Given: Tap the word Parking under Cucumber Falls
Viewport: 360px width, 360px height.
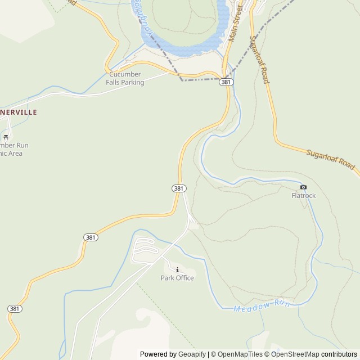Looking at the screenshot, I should pos(133,82).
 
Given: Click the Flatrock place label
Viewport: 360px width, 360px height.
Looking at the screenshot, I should pos(304,196).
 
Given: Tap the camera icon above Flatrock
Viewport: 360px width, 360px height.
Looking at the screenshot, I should pos(304,187).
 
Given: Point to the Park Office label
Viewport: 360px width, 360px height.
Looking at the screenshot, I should pos(177,278).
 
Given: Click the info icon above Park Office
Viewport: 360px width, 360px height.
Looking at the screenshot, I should pos(177,269).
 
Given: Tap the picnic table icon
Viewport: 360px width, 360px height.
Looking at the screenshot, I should pos(6,136).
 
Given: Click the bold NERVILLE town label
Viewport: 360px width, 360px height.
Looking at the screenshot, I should pos(19,112).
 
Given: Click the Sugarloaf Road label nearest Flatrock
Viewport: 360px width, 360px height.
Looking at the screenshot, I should pos(331,160).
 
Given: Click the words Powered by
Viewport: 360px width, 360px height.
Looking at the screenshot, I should pos(157,354).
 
